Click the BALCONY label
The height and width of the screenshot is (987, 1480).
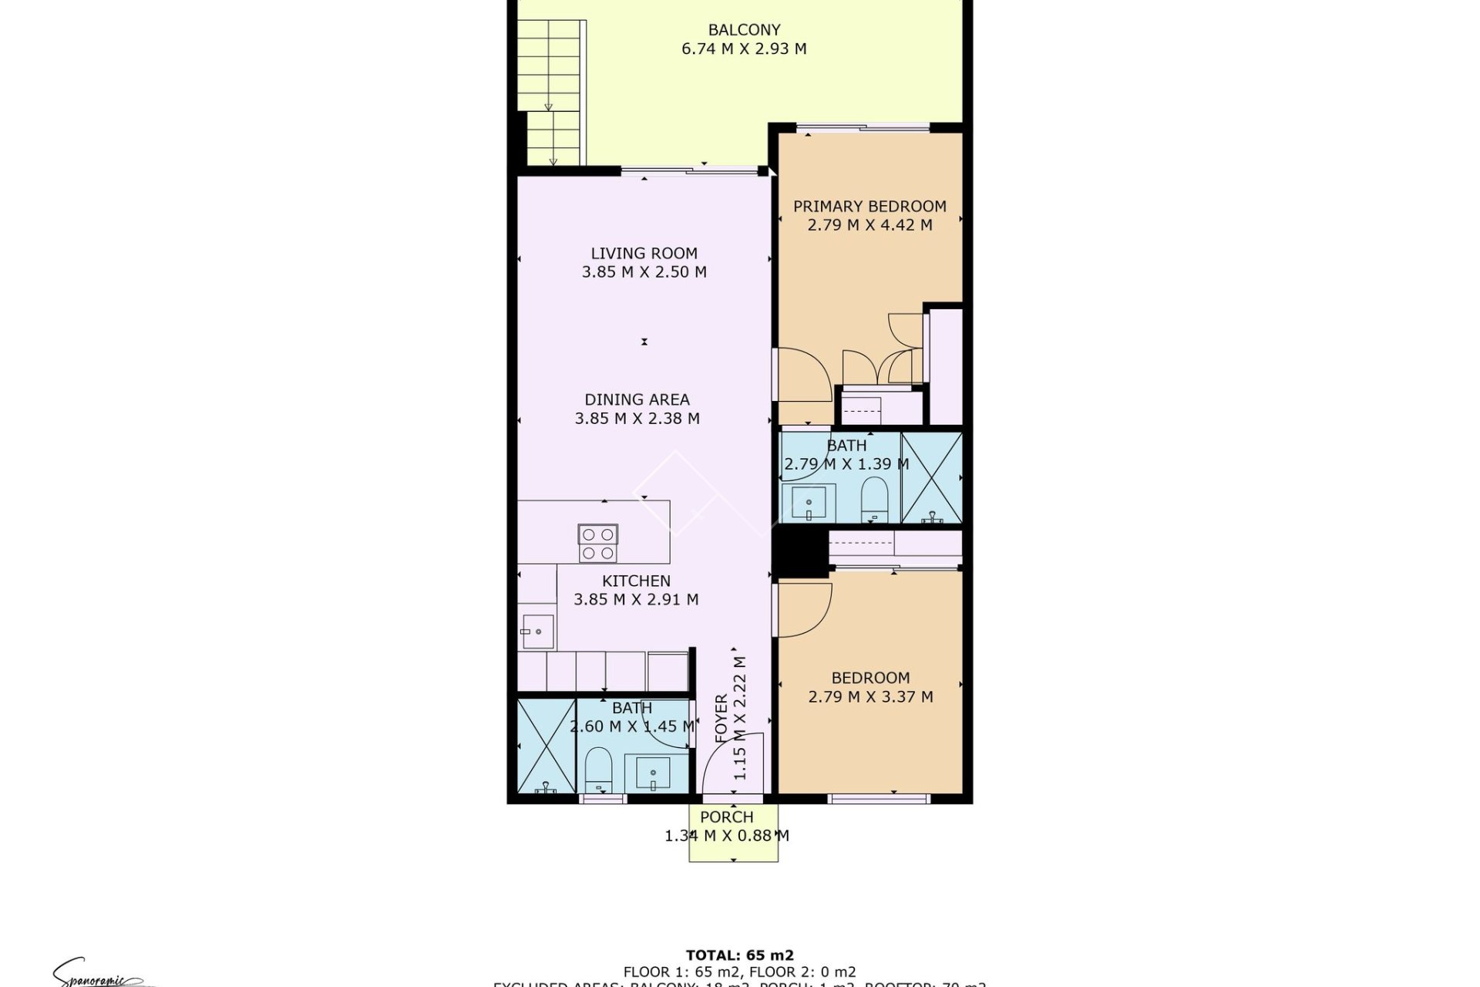click(x=744, y=30)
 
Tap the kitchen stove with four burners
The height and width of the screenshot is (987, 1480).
click(x=598, y=543)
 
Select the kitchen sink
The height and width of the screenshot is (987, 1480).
click(x=536, y=632)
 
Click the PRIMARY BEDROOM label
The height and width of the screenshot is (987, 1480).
click(x=869, y=207)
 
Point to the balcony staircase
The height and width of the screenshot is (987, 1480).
click(x=550, y=93)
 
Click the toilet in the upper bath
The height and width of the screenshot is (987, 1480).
click(x=873, y=500)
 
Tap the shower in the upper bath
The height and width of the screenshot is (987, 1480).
click(x=931, y=479)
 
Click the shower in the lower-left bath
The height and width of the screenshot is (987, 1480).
click(x=546, y=746)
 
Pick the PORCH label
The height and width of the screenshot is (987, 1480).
click(x=727, y=817)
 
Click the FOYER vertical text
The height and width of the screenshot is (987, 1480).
click(x=721, y=719)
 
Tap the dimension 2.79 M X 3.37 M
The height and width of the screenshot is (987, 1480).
click(x=870, y=697)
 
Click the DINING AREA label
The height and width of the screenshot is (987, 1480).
click(x=637, y=399)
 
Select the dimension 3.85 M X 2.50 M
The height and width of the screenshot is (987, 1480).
click(x=644, y=272)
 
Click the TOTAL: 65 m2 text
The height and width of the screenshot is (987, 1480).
click(x=739, y=956)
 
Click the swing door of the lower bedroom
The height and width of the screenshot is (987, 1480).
click(x=803, y=609)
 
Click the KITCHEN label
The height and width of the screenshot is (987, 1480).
click(x=636, y=581)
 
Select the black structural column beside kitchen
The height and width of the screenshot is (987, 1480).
click(x=800, y=549)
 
